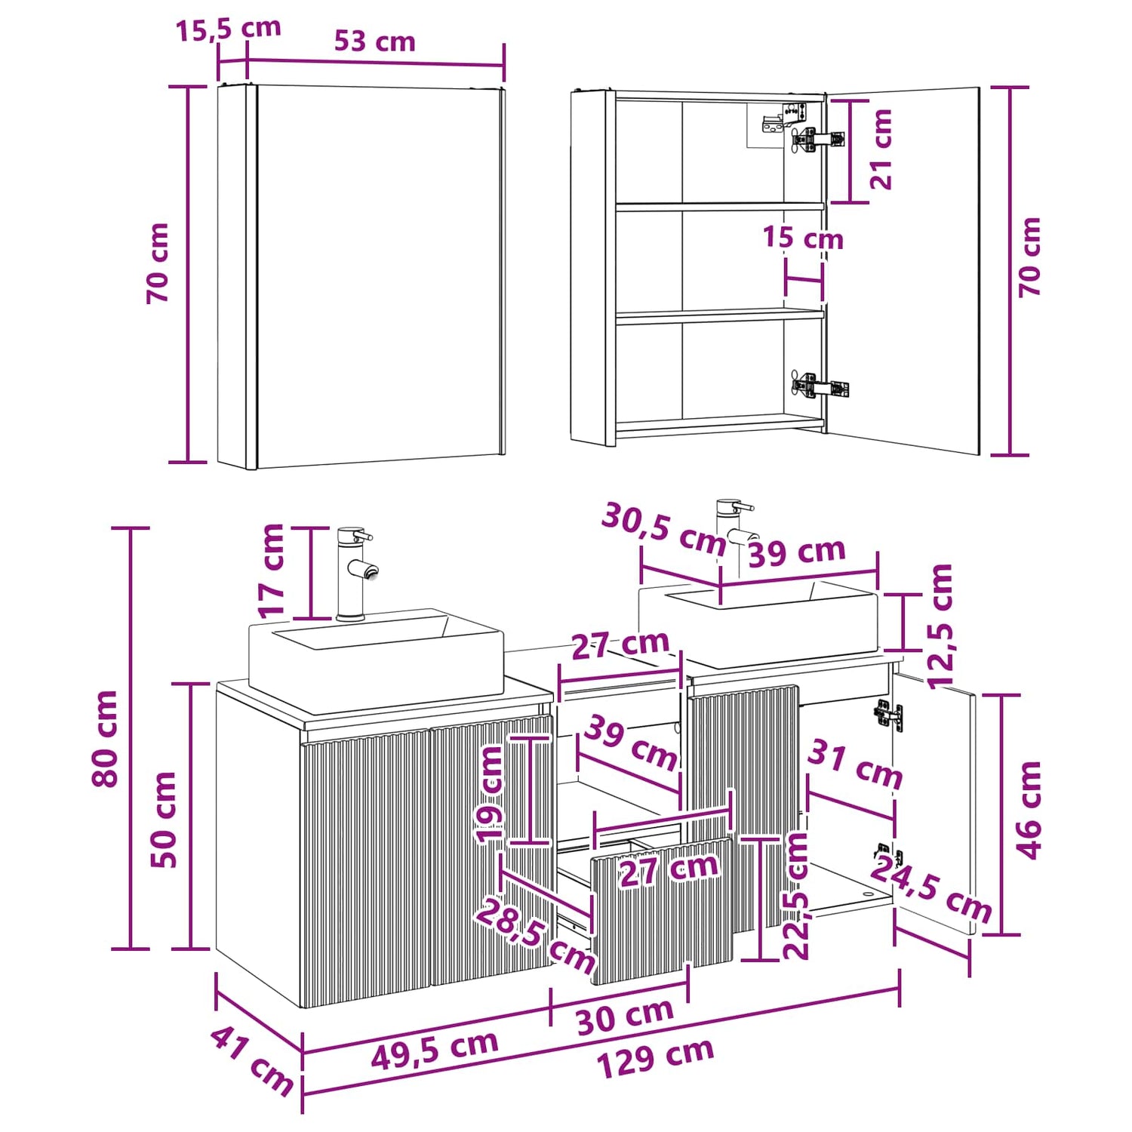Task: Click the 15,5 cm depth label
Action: (228, 29)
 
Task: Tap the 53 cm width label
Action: (374, 41)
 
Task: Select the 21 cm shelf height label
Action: (881, 149)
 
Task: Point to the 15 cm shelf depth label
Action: (802, 237)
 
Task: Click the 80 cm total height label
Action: (105, 738)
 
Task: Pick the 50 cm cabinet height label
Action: (163, 819)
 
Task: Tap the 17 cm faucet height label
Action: (270, 571)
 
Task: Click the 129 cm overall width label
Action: (655, 1057)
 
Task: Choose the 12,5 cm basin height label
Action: (941, 626)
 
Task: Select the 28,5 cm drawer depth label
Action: (535, 937)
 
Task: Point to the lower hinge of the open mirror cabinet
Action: (819, 387)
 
